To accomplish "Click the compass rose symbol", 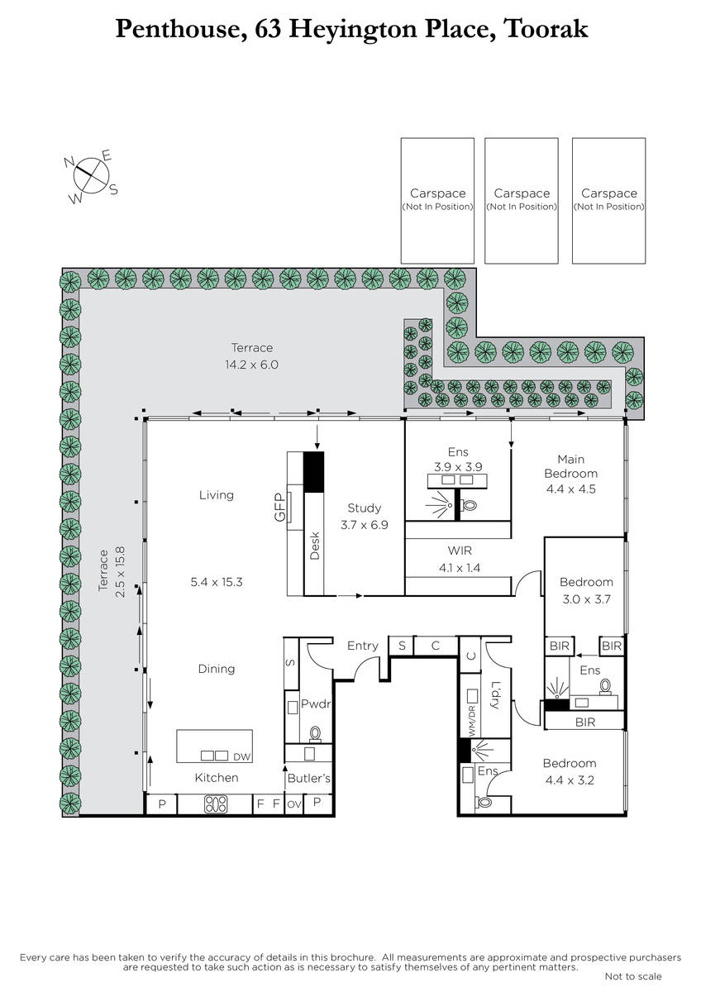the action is click(x=91, y=175).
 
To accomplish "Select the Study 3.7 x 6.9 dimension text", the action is click(x=364, y=525).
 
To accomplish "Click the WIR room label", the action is click(x=460, y=551).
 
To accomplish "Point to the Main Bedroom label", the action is click(x=571, y=466).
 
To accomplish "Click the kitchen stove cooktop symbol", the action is click(x=216, y=804).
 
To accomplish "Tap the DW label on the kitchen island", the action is click(x=241, y=757).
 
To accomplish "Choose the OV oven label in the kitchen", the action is click(x=294, y=804).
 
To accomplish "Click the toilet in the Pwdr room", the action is click(x=315, y=733).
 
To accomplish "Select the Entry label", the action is click(x=363, y=646).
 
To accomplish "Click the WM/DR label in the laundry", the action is click(x=472, y=722).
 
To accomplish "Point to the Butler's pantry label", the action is click(x=308, y=778).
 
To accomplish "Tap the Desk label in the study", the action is click(x=314, y=546).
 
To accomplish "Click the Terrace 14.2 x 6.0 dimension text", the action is click(x=251, y=365).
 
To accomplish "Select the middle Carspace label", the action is click(x=522, y=193).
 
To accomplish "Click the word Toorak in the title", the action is click(x=546, y=28).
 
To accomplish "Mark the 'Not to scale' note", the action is click(x=633, y=976).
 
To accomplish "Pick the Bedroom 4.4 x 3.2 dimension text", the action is click(x=570, y=780).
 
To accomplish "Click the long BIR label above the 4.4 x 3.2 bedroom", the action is click(x=585, y=723).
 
